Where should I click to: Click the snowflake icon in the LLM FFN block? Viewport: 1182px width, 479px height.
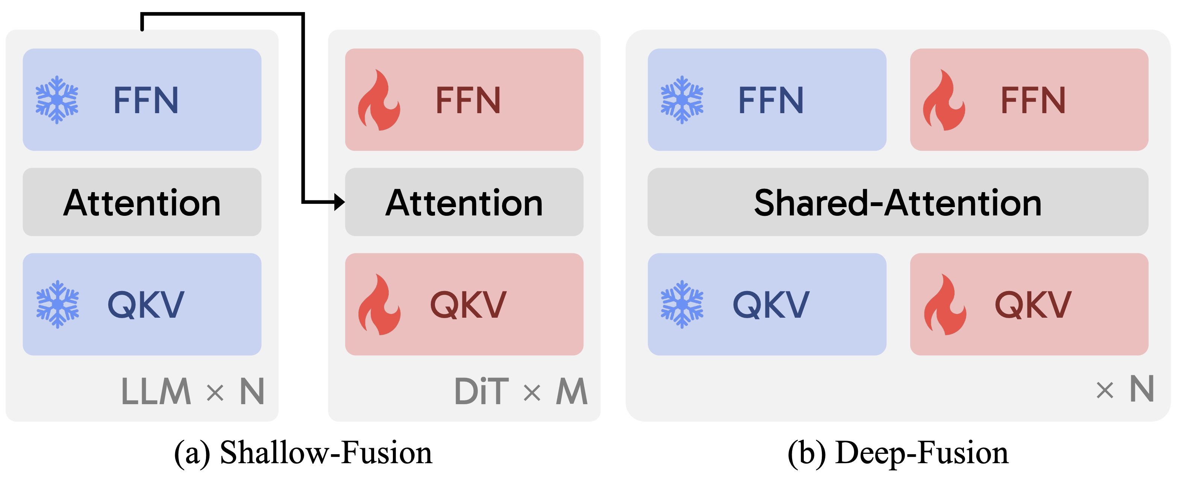(x=57, y=100)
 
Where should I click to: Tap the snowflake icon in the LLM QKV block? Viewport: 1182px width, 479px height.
(x=58, y=304)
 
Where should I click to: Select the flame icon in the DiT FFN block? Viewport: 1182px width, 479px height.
(x=379, y=100)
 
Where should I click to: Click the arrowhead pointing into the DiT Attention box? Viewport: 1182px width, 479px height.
(x=339, y=202)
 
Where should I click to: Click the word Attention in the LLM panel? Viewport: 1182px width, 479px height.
(x=142, y=202)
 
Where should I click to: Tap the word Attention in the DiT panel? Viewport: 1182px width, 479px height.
(x=464, y=202)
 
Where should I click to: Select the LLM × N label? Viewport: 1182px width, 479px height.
(x=193, y=391)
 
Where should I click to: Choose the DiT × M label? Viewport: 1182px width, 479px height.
(x=521, y=391)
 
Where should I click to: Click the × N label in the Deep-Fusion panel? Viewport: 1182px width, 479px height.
(x=1124, y=389)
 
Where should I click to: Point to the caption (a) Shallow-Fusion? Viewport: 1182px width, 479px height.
(x=303, y=453)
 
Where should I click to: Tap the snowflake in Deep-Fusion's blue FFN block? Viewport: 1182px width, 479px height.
(x=682, y=100)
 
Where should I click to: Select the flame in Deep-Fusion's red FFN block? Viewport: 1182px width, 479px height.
(x=944, y=100)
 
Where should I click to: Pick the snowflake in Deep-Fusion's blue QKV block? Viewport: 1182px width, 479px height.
(x=682, y=304)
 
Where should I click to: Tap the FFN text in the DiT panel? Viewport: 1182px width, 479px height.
(x=468, y=100)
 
